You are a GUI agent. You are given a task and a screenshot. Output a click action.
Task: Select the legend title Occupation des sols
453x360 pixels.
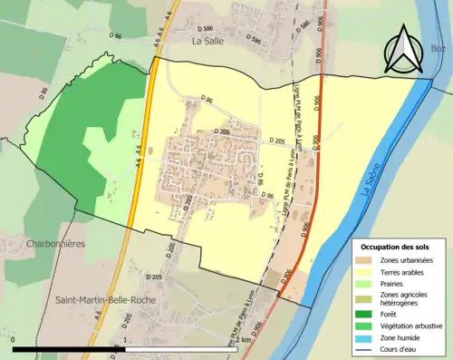click(397, 247)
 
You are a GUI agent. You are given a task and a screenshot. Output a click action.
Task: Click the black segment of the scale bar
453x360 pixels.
click(69, 349)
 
